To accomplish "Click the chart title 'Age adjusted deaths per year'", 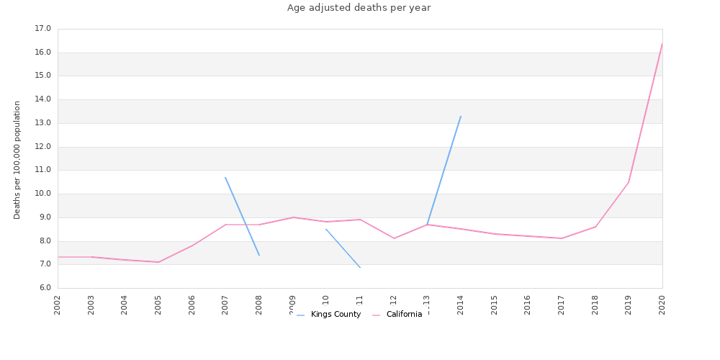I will [359, 8].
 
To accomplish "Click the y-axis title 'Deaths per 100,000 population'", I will [17, 160].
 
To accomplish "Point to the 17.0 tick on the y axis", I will [42, 29].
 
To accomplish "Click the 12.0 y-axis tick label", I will [42, 147].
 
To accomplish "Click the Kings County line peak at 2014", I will [461, 116].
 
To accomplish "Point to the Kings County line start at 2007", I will [225, 177].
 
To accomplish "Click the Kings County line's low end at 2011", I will [360, 268].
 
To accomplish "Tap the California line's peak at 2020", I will [662, 44].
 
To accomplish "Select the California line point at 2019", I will [629, 182].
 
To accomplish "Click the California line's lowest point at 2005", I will [158, 262].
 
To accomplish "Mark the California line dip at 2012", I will [394, 238].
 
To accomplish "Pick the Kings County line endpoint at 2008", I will [259, 255].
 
